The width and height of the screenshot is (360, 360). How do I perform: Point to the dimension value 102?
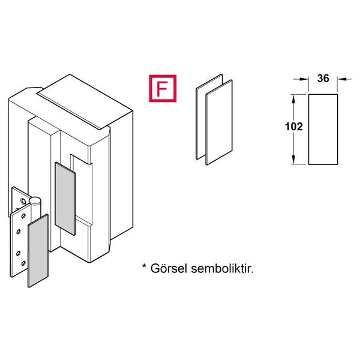pyautogui.click(x=293, y=127)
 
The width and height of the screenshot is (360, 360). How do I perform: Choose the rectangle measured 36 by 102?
pyautogui.click(x=323, y=129)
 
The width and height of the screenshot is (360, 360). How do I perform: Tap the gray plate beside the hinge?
pyautogui.click(x=38, y=251)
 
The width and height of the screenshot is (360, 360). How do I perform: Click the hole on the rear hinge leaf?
pyautogui.click(x=19, y=197)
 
